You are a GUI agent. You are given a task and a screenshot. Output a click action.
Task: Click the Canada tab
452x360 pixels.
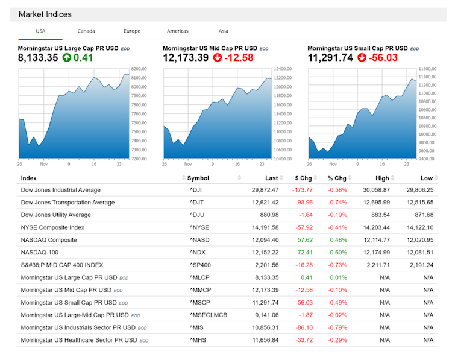pos(86,31)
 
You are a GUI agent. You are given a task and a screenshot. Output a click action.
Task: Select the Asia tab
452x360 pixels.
pos(223,31)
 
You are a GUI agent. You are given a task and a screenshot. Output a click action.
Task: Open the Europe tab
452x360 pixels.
pos(132,31)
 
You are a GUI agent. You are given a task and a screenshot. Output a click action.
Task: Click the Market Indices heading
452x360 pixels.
pos(45,14)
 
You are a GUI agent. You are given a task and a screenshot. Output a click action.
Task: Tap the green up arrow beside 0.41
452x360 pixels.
pos(66,58)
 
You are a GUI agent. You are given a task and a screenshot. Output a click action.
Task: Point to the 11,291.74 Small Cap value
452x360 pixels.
pos(330,58)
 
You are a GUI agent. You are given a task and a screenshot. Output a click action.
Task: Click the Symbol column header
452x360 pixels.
pos(198,178)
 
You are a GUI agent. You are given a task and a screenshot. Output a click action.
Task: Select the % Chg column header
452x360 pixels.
pos(337,178)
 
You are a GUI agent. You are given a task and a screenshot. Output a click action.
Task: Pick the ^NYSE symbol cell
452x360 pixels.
pos(199,227)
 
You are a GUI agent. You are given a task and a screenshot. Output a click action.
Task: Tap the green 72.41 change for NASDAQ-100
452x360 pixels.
pos(304,253)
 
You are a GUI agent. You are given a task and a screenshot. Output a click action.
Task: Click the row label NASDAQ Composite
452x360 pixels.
pos(49,240)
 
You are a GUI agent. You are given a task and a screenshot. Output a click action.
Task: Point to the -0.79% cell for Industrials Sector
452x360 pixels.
pos(337,327)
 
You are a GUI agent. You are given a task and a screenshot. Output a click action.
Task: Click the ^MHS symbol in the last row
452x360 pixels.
pos(198,340)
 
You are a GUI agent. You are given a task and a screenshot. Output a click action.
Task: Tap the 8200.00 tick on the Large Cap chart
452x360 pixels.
pos(140,69)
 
